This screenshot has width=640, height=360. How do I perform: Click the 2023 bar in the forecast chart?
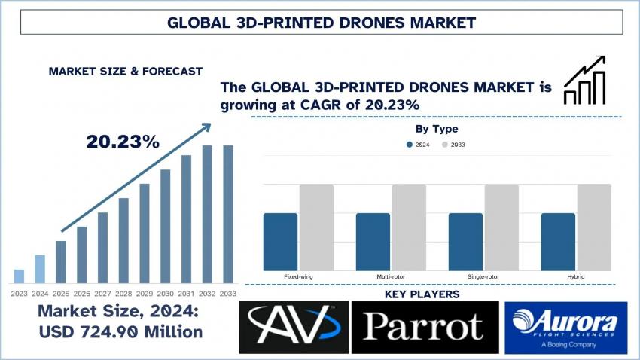pos(20,276)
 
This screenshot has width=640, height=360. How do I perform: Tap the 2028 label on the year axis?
pos(123,293)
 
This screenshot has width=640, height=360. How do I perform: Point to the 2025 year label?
pos(61,293)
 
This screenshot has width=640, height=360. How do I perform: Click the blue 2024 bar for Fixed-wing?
pos(281,242)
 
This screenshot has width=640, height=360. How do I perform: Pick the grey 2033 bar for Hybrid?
pos(594,227)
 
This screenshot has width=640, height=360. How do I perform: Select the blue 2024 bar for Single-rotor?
pos(466,242)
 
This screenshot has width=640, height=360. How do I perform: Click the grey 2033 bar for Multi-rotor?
pos(409,227)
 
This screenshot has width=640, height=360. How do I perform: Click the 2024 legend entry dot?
pos(410,144)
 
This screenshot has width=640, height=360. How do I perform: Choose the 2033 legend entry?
pos(453,144)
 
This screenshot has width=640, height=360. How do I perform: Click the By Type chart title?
pos(437,129)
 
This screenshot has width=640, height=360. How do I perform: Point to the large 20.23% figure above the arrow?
pos(122,142)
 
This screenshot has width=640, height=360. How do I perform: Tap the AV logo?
pos(294,328)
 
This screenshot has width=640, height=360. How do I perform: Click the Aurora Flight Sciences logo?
pos(565,328)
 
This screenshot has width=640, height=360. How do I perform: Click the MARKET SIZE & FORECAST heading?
pos(125,71)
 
